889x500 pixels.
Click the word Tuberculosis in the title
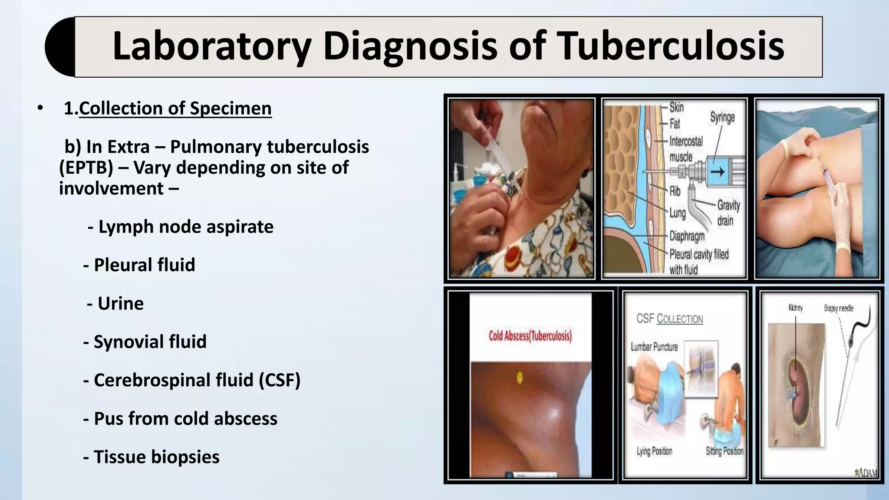click(x=671, y=46)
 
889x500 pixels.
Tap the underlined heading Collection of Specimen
click(x=175, y=108)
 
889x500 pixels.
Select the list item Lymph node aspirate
click(x=181, y=227)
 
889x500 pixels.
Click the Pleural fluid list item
click(x=139, y=265)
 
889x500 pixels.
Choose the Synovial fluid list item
click(x=145, y=342)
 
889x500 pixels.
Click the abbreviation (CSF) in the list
click(x=280, y=380)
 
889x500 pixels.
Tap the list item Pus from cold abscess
click(x=180, y=418)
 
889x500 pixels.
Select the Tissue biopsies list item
click(x=151, y=457)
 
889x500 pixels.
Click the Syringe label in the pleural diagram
click(x=722, y=117)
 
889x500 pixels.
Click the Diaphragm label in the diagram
click(x=687, y=236)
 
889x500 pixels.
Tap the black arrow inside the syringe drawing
click(x=718, y=172)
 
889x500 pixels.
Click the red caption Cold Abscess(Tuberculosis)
click(x=530, y=336)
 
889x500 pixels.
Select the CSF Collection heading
click(x=669, y=319)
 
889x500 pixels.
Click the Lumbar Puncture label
click(x=654, y=347)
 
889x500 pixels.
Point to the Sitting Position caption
click(x=724, y=451)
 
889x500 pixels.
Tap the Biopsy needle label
click(x=839, y=308)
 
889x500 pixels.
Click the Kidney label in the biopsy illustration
click(x=795, y=308)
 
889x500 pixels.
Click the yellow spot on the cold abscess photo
click(x=519, y=378)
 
